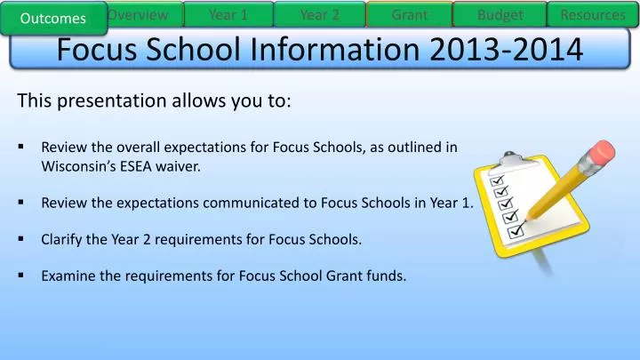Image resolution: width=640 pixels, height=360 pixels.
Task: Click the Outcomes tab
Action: point(54,18)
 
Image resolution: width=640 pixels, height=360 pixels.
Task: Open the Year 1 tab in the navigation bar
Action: point(228,14)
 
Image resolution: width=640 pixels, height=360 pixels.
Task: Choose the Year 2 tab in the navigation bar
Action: point(319,14)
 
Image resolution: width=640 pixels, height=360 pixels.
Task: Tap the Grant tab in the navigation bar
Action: point(409,14)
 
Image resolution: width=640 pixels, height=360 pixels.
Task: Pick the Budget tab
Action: point(500,14)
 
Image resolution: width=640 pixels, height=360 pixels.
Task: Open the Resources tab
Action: point(592,14)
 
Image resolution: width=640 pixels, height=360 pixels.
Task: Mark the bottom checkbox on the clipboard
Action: point(515,234)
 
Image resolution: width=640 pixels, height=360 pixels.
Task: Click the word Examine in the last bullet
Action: point(68,276)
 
